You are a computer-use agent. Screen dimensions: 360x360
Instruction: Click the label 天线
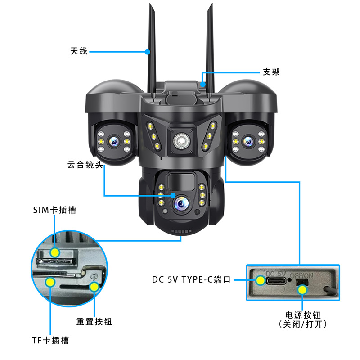coord(78,52)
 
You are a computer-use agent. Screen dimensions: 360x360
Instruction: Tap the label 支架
coord(271,72)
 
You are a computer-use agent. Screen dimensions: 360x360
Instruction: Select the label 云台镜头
coord(85,165)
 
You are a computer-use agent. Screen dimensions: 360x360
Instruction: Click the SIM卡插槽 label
coord(54,210)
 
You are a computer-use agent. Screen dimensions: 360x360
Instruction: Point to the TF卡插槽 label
coord(49,340)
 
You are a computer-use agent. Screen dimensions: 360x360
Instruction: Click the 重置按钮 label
coord(94,322)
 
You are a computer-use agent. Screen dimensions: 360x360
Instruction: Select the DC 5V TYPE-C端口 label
coord(191,279)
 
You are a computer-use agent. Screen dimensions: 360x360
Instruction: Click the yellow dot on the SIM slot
coord(55,252)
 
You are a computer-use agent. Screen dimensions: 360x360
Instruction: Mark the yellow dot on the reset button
coord(94,286)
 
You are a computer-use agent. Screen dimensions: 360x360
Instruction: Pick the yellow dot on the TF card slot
coord(50,282)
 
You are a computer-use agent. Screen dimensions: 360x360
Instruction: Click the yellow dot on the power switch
coord(302,289)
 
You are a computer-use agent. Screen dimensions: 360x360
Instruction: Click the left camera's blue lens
coord(114,142)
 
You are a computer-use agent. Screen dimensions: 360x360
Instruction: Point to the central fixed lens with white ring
coord(180,141)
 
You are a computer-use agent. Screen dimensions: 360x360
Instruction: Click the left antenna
coord(150,49)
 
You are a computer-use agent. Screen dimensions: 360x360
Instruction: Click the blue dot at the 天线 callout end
coord(148,52)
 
